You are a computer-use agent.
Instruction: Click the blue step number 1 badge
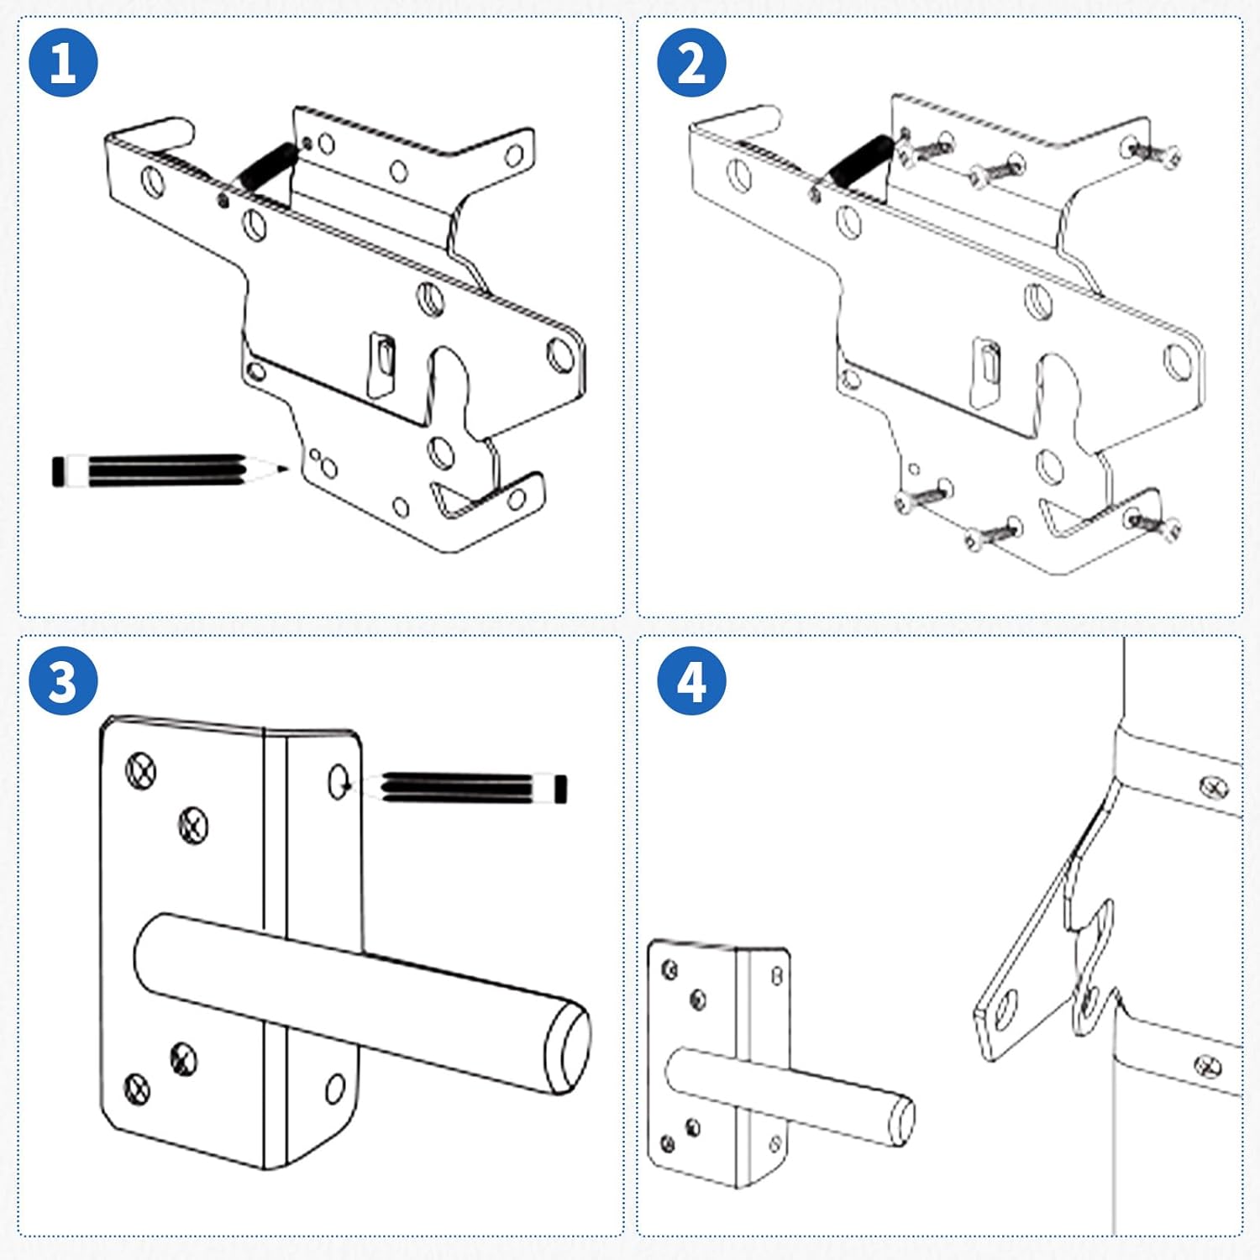pos(63,62)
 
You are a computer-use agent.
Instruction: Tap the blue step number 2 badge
pos(690,62)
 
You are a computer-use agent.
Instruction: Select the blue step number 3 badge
pos(63,680)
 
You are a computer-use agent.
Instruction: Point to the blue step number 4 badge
pos(690,680)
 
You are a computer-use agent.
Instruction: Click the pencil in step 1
pos(168,470)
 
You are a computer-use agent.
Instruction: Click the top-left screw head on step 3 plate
pos(141,769)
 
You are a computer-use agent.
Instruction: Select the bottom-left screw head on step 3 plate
pos(137,1089)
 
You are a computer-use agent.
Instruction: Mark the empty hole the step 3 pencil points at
pos(339,782)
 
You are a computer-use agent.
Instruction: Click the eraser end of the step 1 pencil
pos(58,470)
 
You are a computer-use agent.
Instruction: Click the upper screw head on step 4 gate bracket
pos(1213,787)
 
